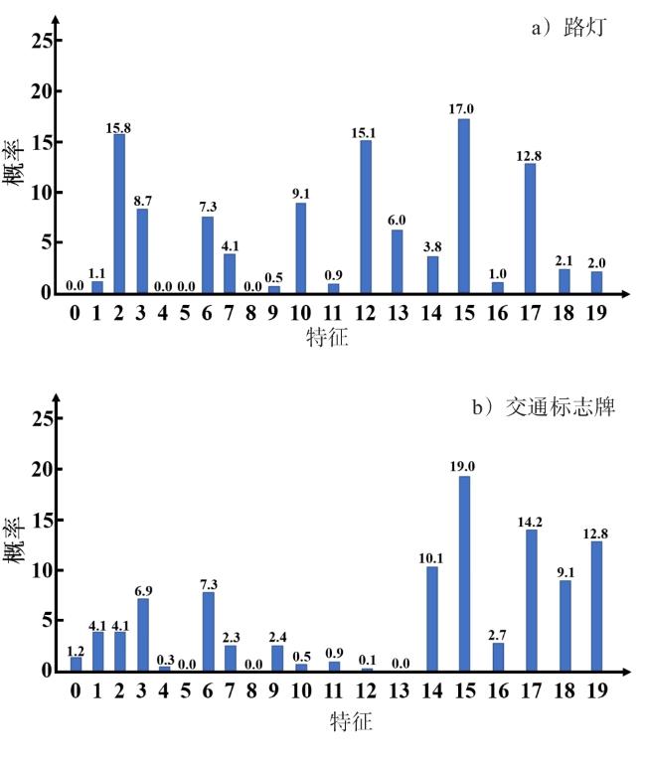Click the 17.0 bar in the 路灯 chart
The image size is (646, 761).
click(x=463, y=207)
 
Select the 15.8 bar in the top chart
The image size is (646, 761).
click(x=119, y=214)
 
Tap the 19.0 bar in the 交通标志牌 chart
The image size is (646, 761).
click(x=464, y=573)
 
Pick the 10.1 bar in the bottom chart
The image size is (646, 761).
click(x=431, y=619)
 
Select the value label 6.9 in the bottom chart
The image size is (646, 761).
click(x=141, y=590)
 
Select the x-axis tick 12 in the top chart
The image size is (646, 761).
click(x=365, y=312)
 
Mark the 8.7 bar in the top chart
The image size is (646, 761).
click(x=142, y=251)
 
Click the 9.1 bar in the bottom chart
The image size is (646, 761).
click(x=564, y=625)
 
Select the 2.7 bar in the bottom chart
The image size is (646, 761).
click(x=497, y=657)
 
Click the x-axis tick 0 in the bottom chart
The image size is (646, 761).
click(x=76, y=690)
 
